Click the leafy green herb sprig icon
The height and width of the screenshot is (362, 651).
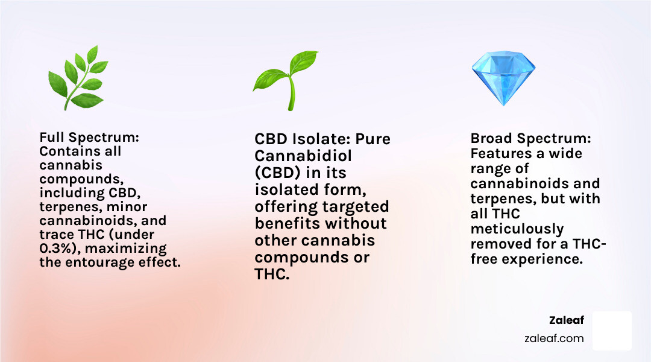click(78, 78)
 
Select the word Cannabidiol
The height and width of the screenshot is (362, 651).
click(303, 156)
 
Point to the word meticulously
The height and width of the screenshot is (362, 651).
click(517, 229)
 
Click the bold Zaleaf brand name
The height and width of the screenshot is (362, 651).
click(566, 320)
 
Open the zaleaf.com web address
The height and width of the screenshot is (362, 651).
click(554, 338)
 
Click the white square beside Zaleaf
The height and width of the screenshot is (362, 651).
click(612, 331)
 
